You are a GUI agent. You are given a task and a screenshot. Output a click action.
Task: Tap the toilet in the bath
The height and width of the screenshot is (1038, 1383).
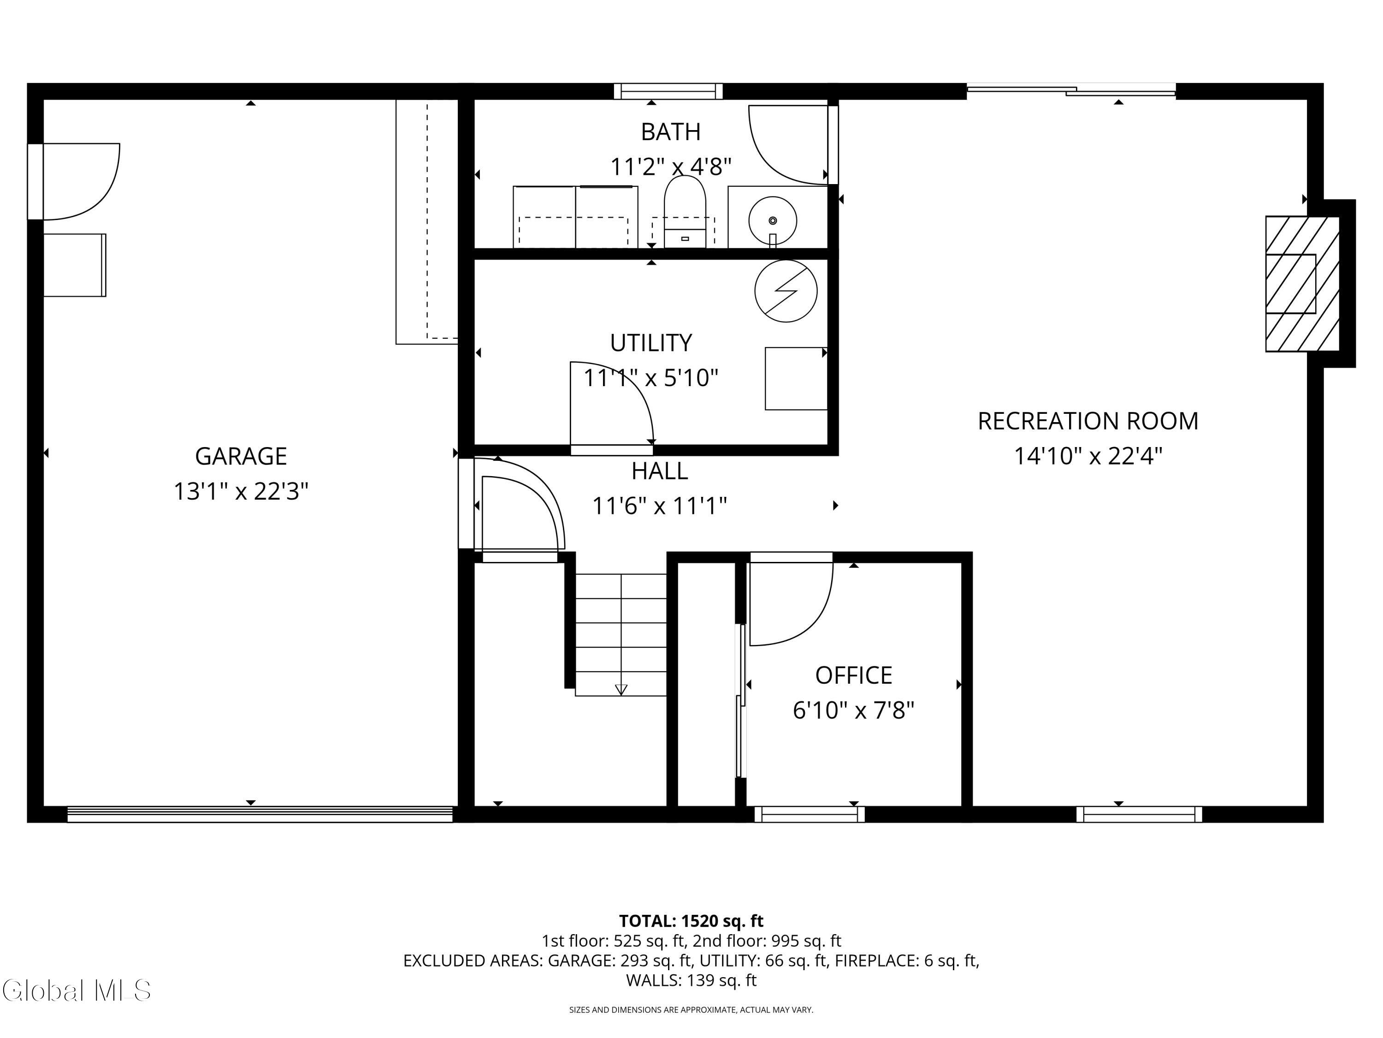point(685,211)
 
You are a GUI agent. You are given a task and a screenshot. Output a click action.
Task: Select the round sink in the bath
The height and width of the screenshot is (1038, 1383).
point(773,220)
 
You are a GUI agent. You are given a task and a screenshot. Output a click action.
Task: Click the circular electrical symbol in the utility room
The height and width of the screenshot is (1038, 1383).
point(786,291)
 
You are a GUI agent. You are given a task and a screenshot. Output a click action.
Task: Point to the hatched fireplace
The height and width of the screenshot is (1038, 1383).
point(1302,283)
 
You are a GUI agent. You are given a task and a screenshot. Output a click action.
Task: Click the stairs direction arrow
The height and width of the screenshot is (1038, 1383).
point(621,690)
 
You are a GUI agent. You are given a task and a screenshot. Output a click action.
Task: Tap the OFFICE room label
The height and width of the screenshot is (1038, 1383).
point(853,675)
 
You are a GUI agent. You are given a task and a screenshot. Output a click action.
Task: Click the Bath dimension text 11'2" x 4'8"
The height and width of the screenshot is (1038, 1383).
point(670,167)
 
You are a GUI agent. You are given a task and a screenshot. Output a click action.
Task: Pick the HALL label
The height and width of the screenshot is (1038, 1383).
point(660,471)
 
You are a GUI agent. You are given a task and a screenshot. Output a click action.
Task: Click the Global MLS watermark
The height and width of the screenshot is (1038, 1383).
point(76,990)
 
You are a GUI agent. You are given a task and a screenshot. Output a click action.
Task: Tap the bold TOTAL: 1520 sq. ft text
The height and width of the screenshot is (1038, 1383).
point(691,921)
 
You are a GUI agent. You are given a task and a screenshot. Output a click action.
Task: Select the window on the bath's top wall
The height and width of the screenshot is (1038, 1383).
point(668,91)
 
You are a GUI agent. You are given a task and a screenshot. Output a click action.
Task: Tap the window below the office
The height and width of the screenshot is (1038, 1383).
point(810,814)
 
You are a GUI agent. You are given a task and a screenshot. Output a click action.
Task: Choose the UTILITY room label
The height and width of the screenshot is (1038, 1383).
point(651,343)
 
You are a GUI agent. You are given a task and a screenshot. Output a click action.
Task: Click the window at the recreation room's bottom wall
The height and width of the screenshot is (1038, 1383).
point(1139,814)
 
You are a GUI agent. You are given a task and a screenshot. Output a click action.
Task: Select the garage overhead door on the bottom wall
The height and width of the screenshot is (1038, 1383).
point(260,814)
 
